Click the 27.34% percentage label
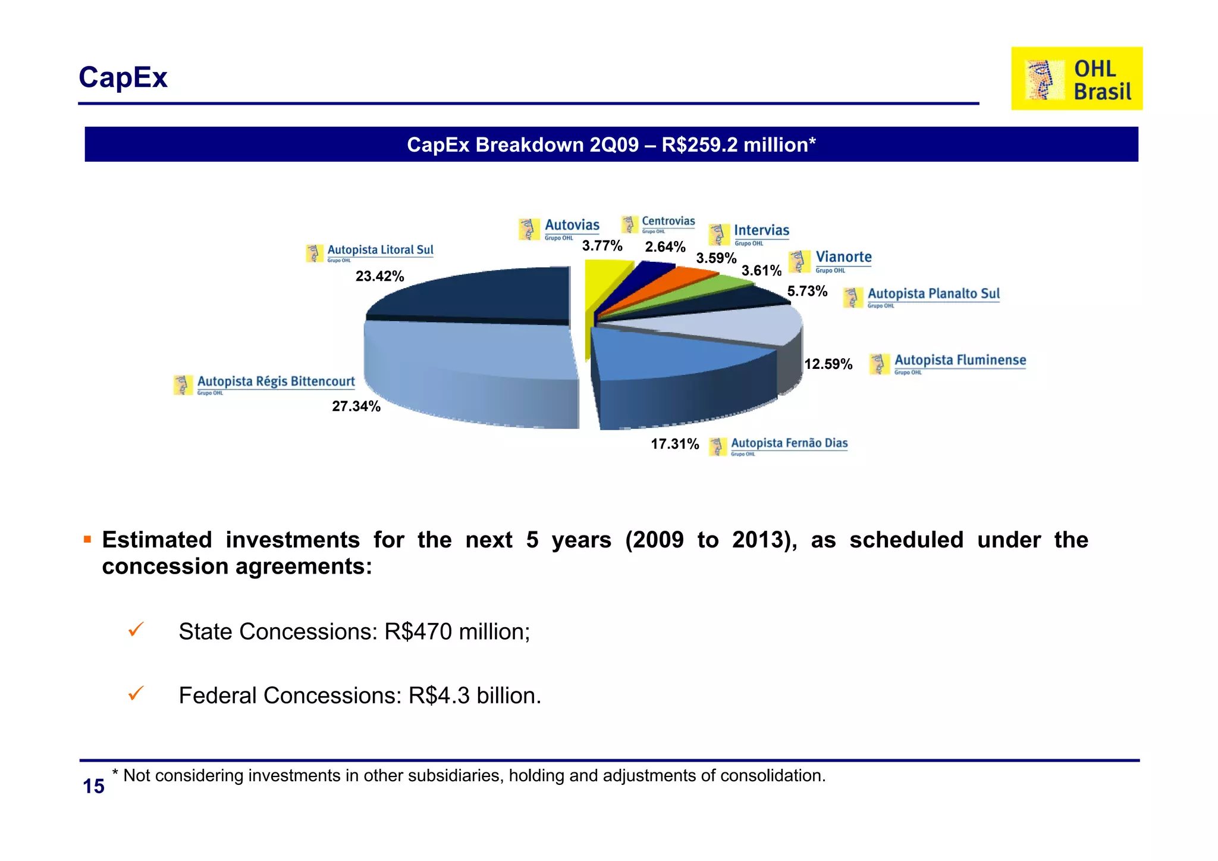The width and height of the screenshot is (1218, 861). tap(356, 406)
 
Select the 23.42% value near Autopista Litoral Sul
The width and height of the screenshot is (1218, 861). tap(379, 276)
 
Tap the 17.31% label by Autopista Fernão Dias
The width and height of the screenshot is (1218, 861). tap(674, 444)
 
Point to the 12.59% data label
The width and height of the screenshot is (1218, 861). tap(828, 364)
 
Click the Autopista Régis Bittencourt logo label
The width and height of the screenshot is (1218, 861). tap(265, 384)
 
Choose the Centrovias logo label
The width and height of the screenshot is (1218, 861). tap(658, 224)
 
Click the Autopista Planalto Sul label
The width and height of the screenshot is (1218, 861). tap(922, 296)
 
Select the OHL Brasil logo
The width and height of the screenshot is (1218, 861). tap(1076, 79)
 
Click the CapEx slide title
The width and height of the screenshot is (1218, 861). tap(123, 77)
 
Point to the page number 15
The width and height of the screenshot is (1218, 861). tap(93, 787)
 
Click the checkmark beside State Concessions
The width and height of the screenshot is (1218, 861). tap(136, 630)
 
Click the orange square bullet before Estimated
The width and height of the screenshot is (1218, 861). tap(87, 540)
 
